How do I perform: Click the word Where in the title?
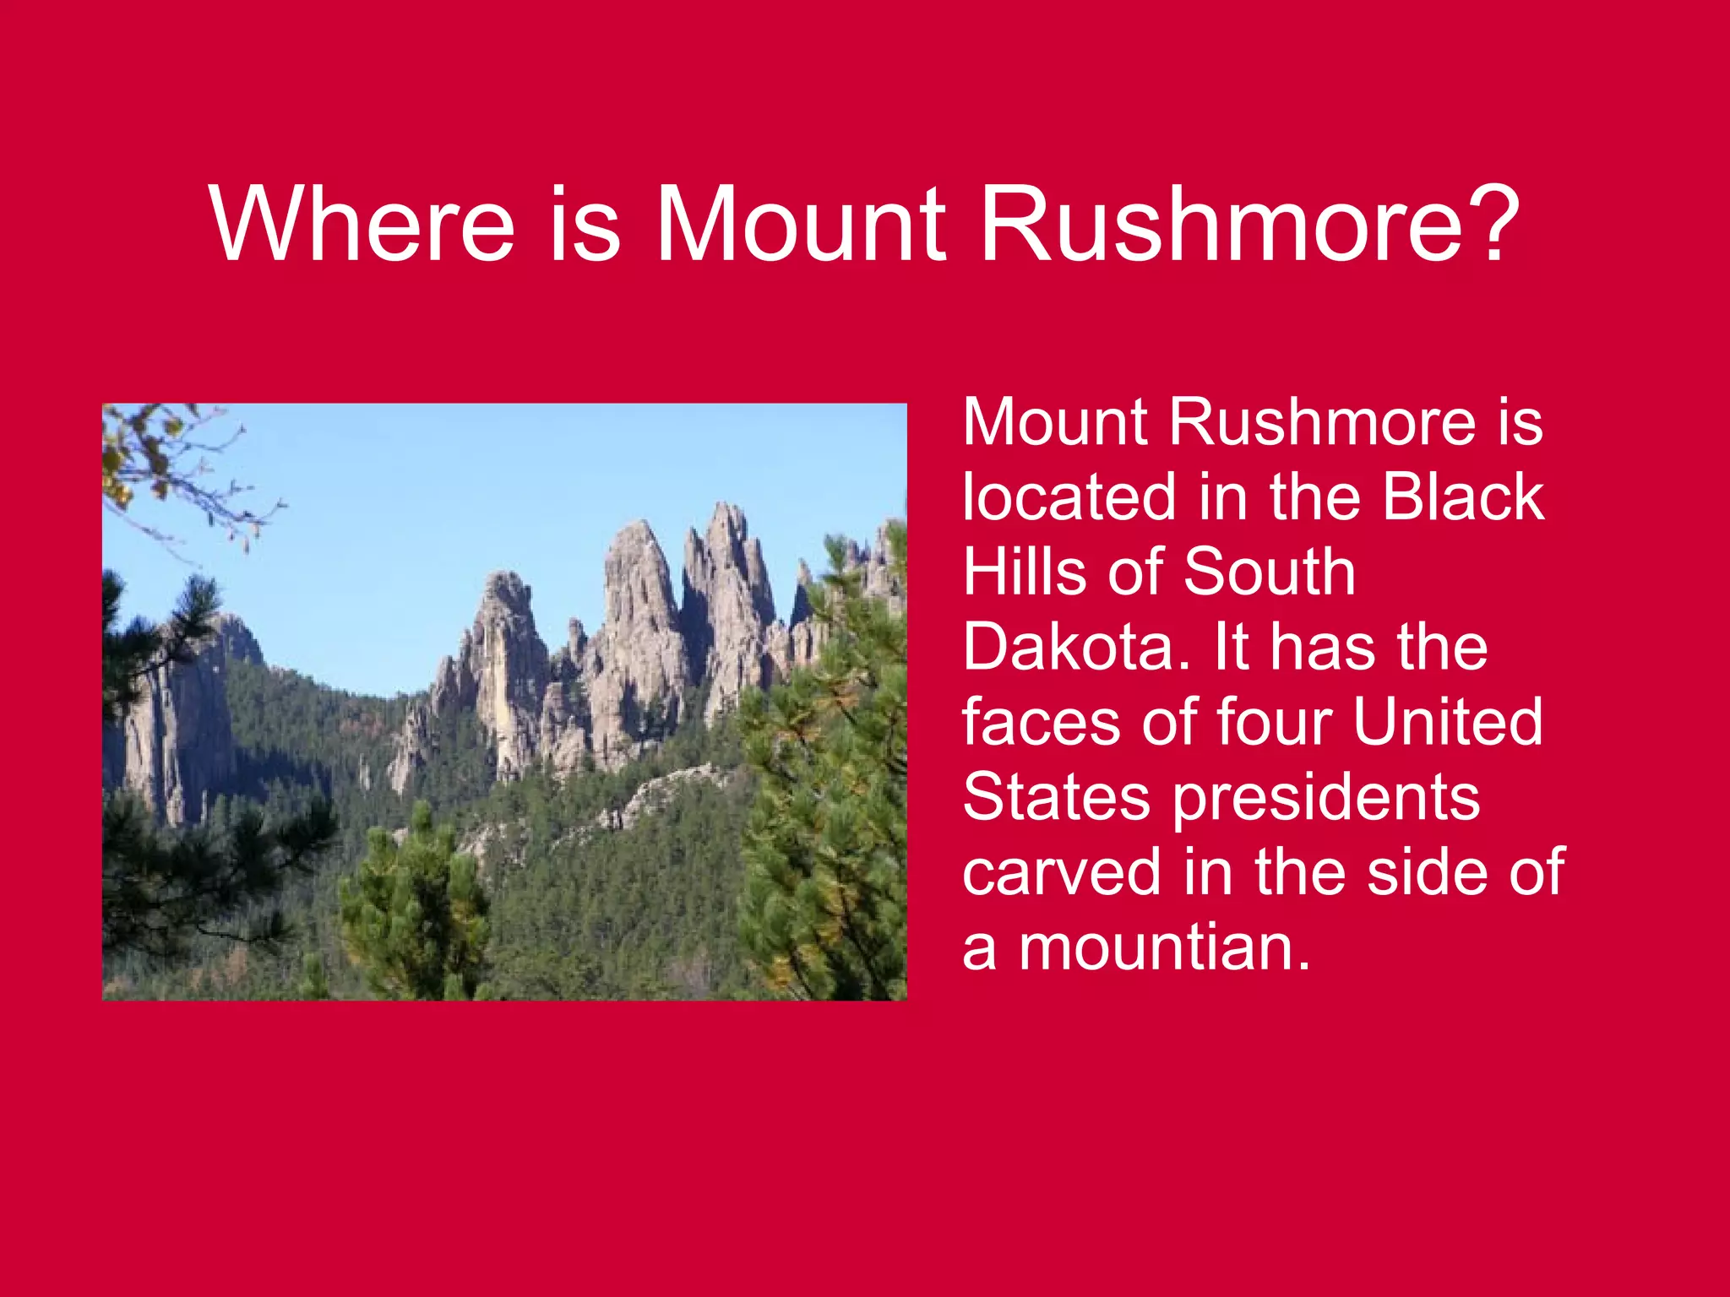coord(362,225)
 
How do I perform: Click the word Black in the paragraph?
coord(1463,497)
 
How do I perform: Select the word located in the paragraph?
coord(1068,497)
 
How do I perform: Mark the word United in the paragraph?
coord(1447,722)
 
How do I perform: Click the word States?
coord(1056,797)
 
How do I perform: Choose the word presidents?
coord(1326,799)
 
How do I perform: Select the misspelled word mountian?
coord(1164,947)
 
